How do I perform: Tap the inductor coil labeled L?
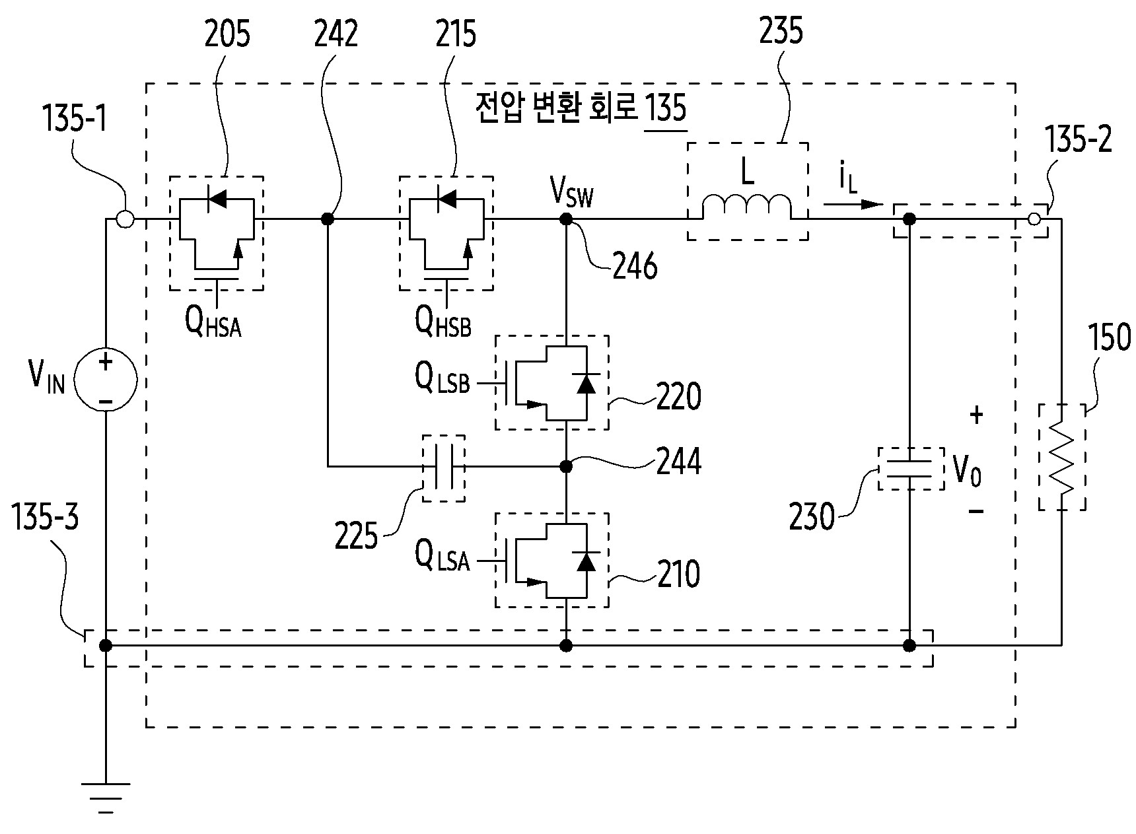pyautogui.click(x=746, y=206)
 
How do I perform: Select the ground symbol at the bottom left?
pyautogui.click(x=105, y=796)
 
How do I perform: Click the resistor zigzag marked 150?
pyautogui.click(x=1061, y=458)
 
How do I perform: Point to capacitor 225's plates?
pyautogui.click(x=443, y=467)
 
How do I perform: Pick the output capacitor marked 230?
pyautogui.click(x=909, y=469)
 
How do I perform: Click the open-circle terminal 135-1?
pyautogui.click(x=124, y=219)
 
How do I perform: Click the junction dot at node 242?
pyautogui.click(x=326, y=219)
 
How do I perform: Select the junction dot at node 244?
pyautogui.click(x=566, y=467)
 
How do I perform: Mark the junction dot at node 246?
pyautogui.click(x=566, y=219)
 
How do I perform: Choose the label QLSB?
pyautogui.click(x=442, y=378)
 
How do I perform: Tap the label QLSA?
pyautogui.click(x=442, y=557)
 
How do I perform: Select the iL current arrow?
pyautogui.click(x=853, y=203)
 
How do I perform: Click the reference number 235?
pyautogui.click(x=781, y=31)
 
